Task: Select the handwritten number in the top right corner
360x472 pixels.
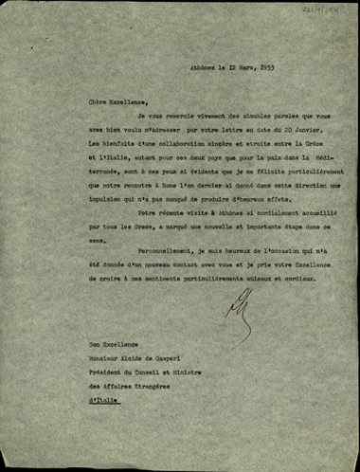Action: tap(331, 9)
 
